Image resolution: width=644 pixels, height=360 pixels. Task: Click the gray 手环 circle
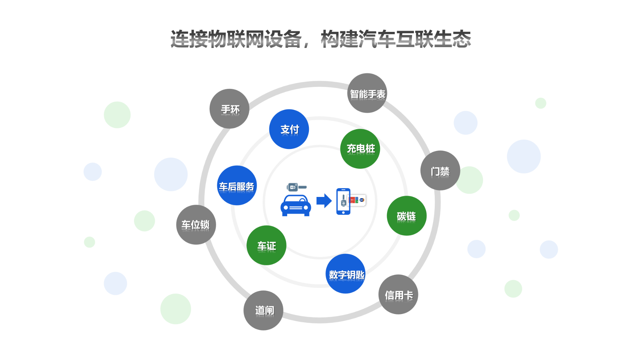click(x=229, y=109)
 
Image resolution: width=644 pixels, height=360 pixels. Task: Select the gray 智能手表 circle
click(x=367, y=93)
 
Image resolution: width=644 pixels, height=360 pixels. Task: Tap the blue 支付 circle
click(x=289, y=129)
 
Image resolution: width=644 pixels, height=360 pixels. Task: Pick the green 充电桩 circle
click(x=360, y=149)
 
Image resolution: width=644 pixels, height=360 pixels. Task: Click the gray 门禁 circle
click(x=440, y=170)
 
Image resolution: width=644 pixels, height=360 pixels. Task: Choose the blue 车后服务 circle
click(x=237, y=186)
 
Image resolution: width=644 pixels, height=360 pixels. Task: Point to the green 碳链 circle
click(x=407, y=216)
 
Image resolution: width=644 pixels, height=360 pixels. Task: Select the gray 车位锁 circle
click(x=196, y=224)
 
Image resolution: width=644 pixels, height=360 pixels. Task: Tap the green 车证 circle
click(x=266, y=245)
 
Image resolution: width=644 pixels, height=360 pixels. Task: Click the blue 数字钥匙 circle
click(x=345, y=274)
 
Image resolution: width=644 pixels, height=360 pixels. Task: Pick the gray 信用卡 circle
click(x=398, y=295)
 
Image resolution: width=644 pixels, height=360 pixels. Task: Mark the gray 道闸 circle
click(x=263, y=310)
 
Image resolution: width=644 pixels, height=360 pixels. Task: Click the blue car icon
click(x=296, y=206)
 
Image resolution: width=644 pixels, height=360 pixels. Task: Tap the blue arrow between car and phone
click(x=324, y=201)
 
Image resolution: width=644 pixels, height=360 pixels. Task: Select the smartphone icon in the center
click(x=343, y=201)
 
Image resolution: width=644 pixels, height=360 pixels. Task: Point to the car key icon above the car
click(x=296, y=187)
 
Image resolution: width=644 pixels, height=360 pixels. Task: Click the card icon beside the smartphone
click(x=358, y=200)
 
